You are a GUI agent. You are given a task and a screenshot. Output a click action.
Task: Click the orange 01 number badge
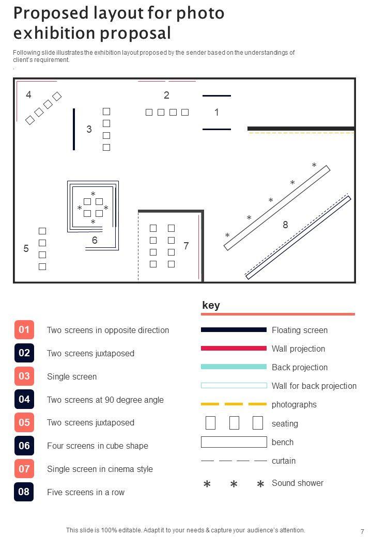[24, 329]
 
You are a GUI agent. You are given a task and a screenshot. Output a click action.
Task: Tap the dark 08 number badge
[24, 492]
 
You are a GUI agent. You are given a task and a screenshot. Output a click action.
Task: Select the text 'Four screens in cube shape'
[98, 446]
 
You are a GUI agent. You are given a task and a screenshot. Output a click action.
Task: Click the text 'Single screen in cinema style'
[100, 469]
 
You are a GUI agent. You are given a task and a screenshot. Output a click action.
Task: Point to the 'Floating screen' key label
[300, 330]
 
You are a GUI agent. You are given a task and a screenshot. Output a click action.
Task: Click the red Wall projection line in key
[234, 349]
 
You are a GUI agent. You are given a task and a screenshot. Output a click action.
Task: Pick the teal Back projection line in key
[234, 367]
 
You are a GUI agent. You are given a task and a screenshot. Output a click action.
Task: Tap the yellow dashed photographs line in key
[234, 404]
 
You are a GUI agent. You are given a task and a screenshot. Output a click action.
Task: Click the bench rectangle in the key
[234, 442]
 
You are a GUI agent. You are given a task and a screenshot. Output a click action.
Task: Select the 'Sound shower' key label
[298, 483]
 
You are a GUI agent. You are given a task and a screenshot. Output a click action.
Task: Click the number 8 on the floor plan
[285, 225]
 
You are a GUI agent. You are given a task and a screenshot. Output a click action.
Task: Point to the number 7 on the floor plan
[186, 246]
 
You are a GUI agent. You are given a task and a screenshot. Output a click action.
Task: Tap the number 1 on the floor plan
[216, 112]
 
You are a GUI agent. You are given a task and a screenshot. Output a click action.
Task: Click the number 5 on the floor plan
[26, 248]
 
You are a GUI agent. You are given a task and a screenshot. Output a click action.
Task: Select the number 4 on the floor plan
[29, 94]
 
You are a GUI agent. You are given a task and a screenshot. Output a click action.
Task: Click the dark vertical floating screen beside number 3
[74, 129]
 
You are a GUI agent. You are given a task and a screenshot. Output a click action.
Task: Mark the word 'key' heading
[211, 305]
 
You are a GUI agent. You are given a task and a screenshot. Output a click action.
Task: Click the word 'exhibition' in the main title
[54, 33]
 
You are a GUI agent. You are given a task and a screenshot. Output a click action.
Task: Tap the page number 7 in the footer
[362, 531]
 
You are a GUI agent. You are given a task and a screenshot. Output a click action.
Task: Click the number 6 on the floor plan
[95, 240]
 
